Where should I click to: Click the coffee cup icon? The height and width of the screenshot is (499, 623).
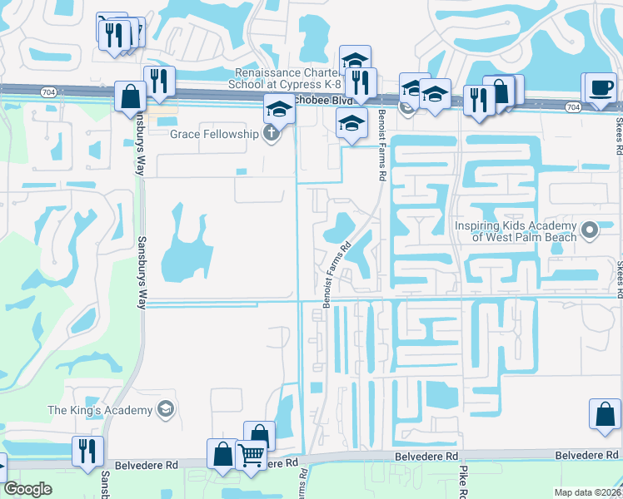601,88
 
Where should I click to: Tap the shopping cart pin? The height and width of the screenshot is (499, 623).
251,455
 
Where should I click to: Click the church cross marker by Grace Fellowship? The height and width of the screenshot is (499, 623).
271,134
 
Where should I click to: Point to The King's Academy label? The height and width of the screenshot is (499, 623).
100,410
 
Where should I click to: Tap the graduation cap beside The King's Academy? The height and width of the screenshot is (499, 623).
166,409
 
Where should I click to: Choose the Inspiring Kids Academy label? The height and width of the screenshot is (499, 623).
515,231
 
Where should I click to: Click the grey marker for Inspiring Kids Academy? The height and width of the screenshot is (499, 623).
590,229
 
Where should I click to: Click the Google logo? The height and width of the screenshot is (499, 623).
27,489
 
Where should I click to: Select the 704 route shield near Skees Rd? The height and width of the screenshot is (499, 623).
572,106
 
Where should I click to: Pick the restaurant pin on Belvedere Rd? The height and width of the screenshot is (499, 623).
87,449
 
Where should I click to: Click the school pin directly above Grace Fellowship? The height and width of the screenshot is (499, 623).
278,108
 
